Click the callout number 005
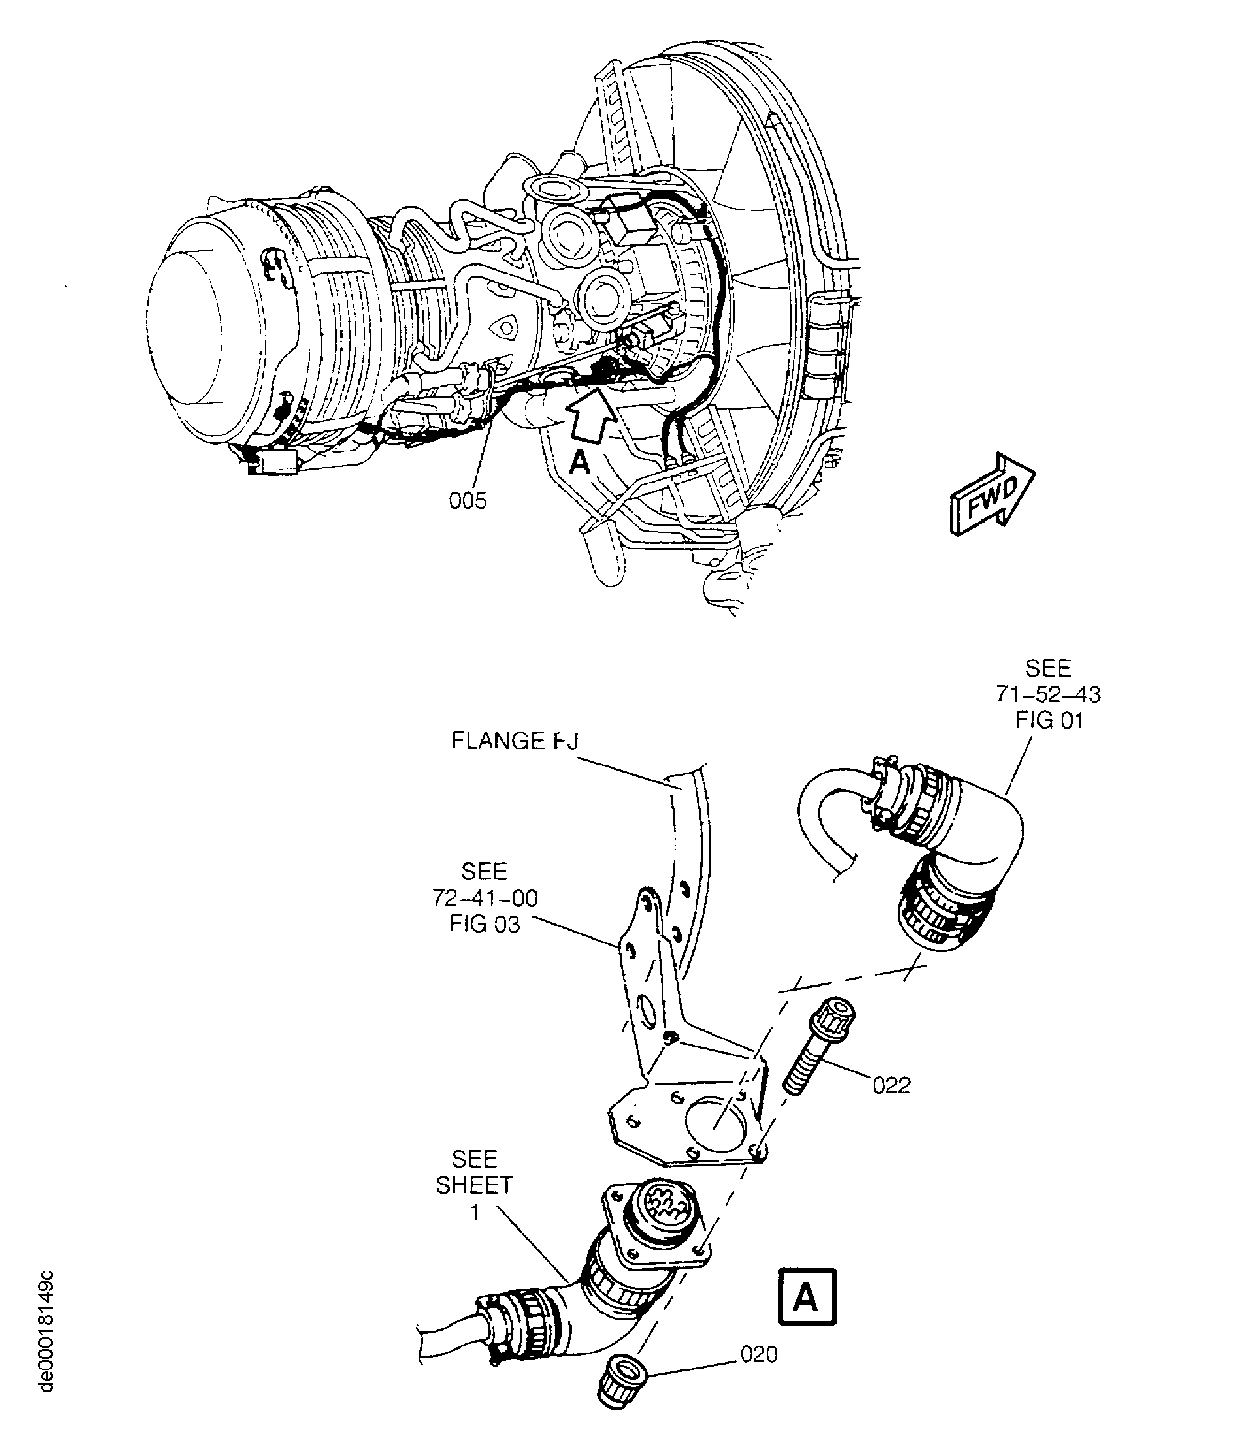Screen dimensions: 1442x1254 [468, 501]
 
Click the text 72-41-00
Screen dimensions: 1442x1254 [485, 898]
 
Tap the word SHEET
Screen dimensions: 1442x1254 [475, 1185]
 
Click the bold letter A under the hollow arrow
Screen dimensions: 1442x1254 [579, 462]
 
